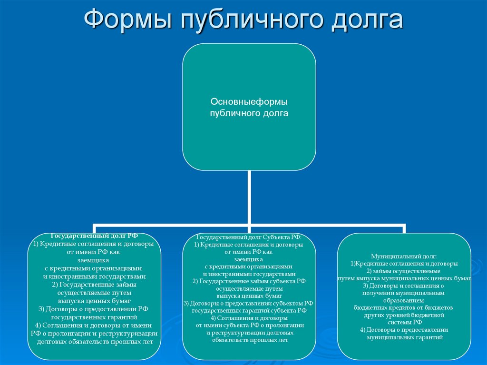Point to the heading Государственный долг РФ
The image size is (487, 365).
coord(94,236)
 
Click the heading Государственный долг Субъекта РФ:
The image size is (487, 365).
coord(249,237)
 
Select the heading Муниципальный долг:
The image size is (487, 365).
coord(404,256)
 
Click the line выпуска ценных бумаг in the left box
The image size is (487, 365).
coord(94,301)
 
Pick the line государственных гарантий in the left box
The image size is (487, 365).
coord(94,316)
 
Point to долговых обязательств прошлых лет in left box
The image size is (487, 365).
coord(94,341)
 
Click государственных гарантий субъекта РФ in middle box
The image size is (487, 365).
coord(249,310)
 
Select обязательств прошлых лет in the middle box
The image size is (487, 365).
coord(249,340)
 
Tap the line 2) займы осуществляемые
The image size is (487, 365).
coord(404,270)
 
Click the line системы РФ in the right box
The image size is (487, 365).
coord(404,322)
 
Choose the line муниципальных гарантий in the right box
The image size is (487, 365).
coord(404,337)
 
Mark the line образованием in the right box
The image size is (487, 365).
coord(404,300)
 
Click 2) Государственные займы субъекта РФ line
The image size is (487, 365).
coord(249,281)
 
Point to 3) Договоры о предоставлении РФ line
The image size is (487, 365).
coord(94,309)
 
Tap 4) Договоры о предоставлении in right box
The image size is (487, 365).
coord(404,330)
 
